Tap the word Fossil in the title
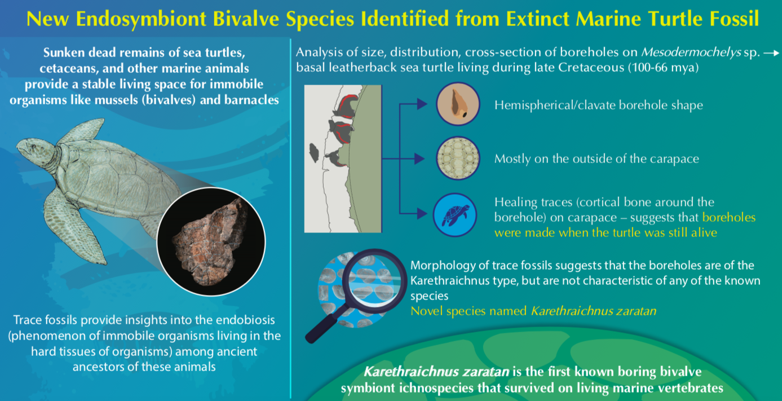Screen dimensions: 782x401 point(731,19)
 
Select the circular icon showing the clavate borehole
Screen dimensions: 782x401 point(458,104)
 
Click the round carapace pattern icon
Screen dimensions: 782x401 point(458,158)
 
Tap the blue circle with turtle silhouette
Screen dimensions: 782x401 point(455,215)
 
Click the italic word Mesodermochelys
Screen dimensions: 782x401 point(691,52)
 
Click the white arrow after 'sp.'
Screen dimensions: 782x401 point(771,53)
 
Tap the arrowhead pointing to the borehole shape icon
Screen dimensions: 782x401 point(422,104)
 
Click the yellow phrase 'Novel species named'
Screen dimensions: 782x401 point(469,311)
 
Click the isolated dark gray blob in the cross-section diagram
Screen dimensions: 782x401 point(314,153)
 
